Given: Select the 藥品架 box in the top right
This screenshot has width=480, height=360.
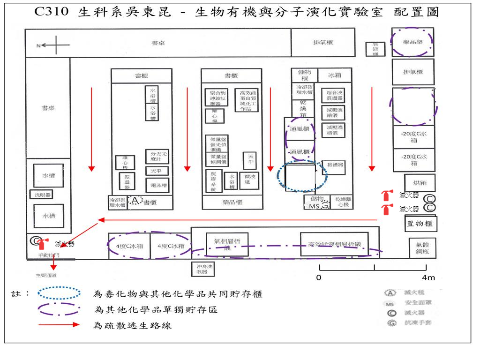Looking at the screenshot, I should pos(413,42).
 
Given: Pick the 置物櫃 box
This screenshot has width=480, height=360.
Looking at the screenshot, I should pos(420,224).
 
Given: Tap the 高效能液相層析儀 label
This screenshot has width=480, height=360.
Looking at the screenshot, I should pos(334,244).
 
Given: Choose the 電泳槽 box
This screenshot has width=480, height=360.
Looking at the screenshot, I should pos(157,185).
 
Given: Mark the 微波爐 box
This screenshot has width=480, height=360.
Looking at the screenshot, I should pos(248,180).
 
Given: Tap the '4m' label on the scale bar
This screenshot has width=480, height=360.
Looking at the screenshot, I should pos(428,277).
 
